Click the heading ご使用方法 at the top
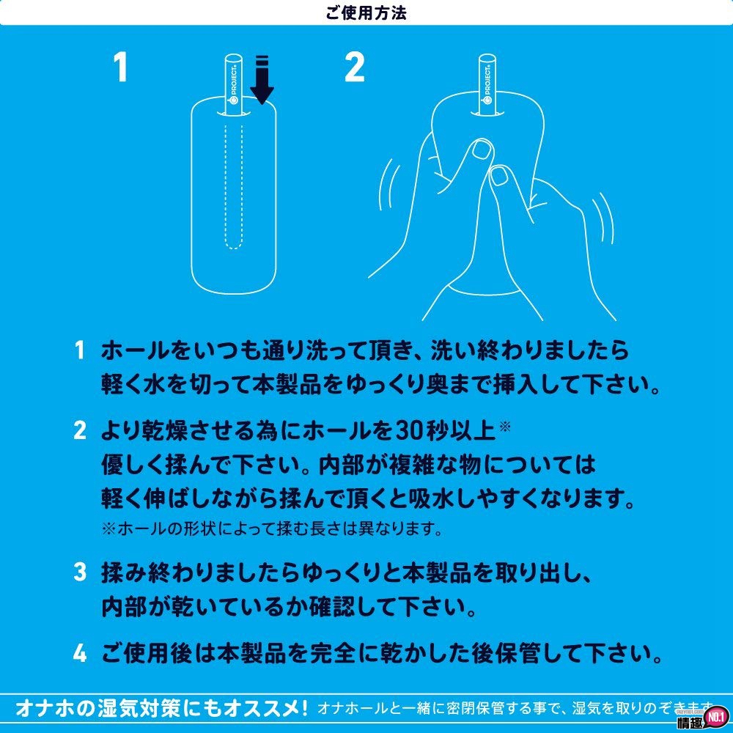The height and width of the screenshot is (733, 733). click(x=366, y=12)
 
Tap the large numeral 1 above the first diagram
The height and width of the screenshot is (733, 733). click(x=121, y=69)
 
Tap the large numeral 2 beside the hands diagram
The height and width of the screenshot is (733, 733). click(x=354, y=69)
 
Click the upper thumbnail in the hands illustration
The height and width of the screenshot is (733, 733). click(x=482, y=150)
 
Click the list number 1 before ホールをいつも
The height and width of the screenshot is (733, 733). click(x=79, y=350)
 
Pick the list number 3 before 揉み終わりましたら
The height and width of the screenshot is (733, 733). click(x=79, y=573)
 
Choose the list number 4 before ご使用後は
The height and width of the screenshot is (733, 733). click(x=79, y=651)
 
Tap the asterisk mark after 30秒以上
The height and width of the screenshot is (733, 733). click(x=504, y=426)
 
